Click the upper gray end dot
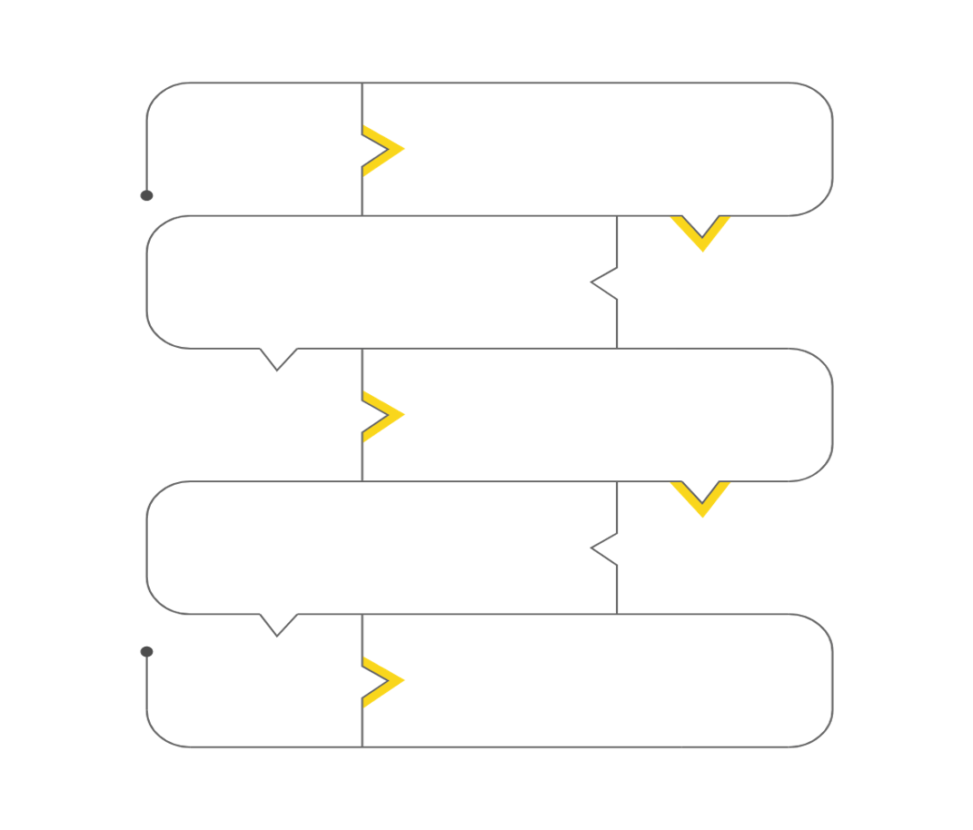146,195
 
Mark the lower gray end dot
146,652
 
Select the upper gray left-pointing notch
603,282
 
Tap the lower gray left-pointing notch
603,548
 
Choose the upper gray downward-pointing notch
277,361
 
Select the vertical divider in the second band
618,318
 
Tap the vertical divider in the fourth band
618,586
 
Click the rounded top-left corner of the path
156,93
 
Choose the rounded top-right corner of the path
822,93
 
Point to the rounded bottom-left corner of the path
156,737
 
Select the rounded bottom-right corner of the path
822,737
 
